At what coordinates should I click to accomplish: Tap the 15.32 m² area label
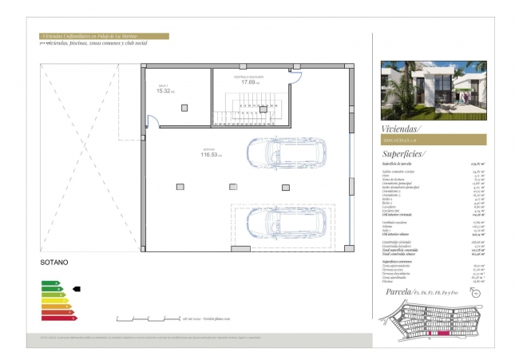[x=164, y=90]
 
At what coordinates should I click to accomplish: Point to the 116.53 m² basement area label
[x=211, y=153]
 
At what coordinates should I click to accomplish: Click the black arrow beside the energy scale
[x=77, y=289]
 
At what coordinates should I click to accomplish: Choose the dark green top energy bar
[x=50, y=283]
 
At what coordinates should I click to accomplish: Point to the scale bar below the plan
[x=147, y=318]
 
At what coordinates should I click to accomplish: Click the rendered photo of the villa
[x=430, y=88]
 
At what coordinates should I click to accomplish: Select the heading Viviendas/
[x=401, y=128]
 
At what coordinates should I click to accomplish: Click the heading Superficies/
[x=404, y=153]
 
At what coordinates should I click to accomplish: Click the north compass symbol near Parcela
[x=478, y=293]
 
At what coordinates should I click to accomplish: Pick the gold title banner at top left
[x=104, y=36]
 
